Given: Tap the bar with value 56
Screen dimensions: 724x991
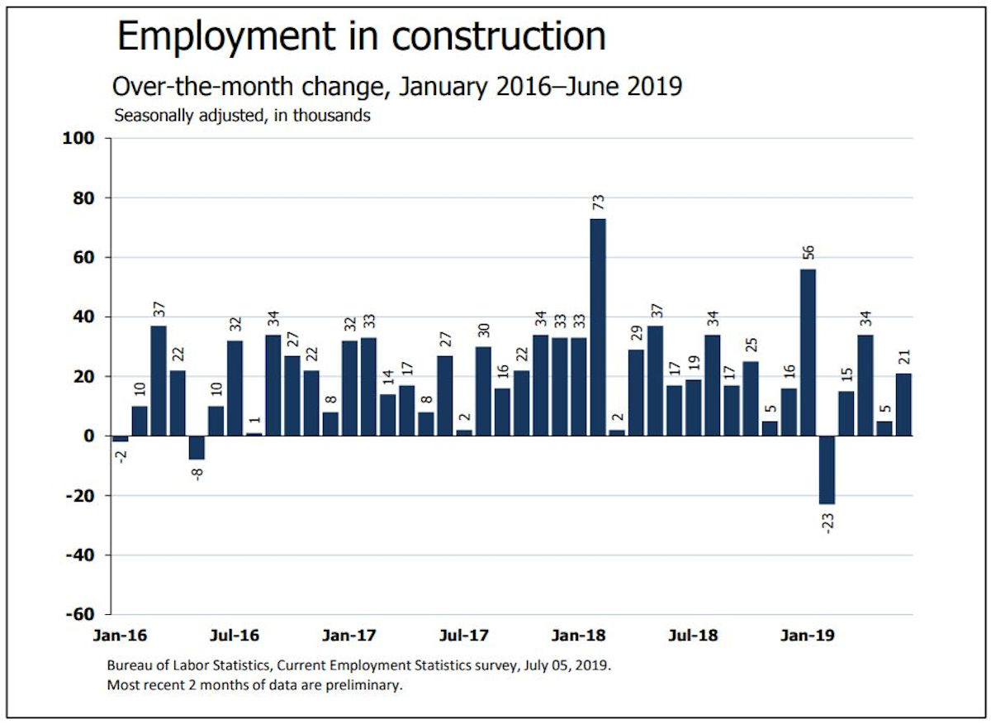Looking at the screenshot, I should coord(808,352).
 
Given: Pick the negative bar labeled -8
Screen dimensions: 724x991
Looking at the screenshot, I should coord(197,447).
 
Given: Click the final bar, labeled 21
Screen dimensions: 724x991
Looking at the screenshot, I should coord(903,404).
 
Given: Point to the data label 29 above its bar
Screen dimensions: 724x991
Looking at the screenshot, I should coord(636,335).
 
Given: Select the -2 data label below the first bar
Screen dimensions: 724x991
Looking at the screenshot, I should coord(121,456).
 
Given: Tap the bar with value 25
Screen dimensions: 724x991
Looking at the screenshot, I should coord(751,398).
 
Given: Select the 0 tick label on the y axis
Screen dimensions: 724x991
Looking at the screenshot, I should coord(93,436).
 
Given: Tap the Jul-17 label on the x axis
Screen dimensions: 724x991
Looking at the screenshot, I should coord(463,636).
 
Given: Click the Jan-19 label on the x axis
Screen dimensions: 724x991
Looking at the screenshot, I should coord(807,636).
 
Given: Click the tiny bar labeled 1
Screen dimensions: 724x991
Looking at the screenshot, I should coord(254,434).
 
